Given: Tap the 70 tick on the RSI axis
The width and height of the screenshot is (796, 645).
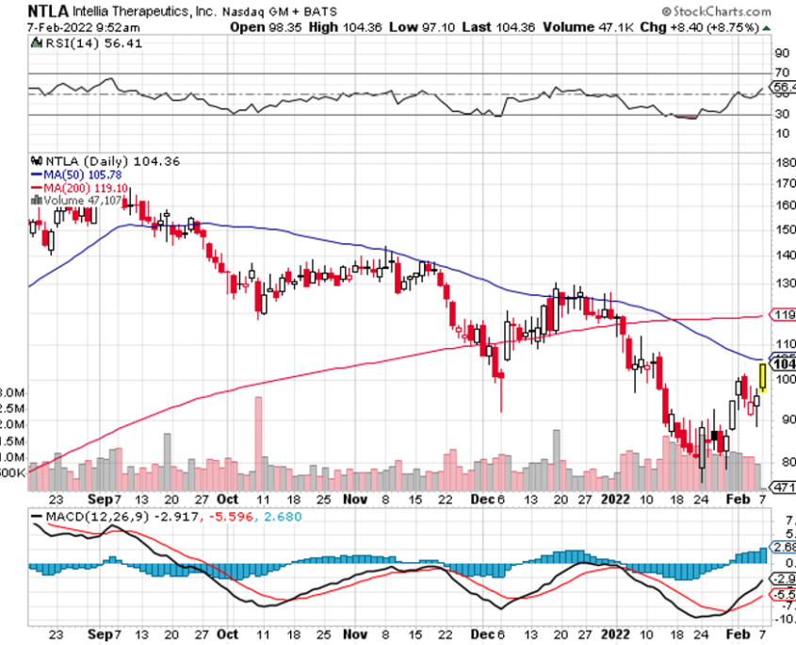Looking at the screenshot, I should [781, 73].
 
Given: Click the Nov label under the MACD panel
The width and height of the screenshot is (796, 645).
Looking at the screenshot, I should [354, 636].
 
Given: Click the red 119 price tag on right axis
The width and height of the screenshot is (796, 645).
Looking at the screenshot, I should [783, 314].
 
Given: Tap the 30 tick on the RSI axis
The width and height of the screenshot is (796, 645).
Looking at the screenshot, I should [781, 115].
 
